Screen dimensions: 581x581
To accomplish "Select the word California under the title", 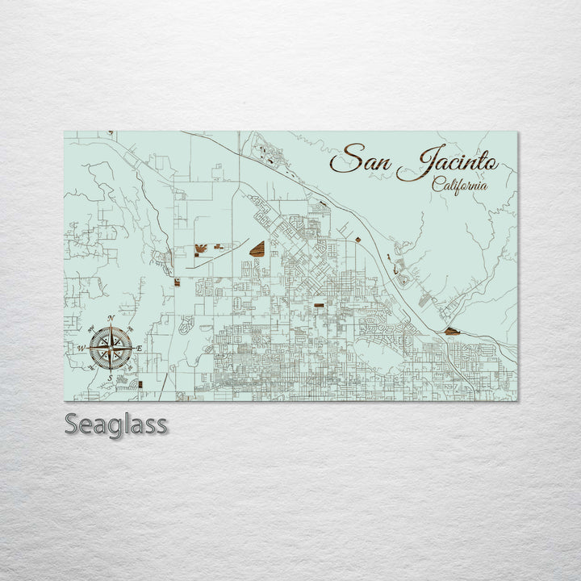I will (x=460, y=184).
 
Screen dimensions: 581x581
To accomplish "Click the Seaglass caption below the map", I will (x=116, y=424).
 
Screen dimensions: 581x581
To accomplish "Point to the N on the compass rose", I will (x=111, y=319).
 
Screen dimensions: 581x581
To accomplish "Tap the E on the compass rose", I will (x=139, y=348).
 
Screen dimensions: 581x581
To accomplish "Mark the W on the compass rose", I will (x=81, y=348).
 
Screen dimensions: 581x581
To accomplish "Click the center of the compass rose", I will (x=111, y=348).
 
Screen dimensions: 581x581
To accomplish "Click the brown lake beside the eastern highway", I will (x=450, y=331).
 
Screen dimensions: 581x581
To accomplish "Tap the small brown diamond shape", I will (x=358, y=239).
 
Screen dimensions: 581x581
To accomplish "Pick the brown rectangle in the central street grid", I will (x=319, y=306).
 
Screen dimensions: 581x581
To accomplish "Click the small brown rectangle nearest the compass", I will (x=140, y=385).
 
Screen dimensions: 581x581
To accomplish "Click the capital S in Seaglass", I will (x=73, y=424).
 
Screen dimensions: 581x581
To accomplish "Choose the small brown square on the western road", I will (x=176, y=282).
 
